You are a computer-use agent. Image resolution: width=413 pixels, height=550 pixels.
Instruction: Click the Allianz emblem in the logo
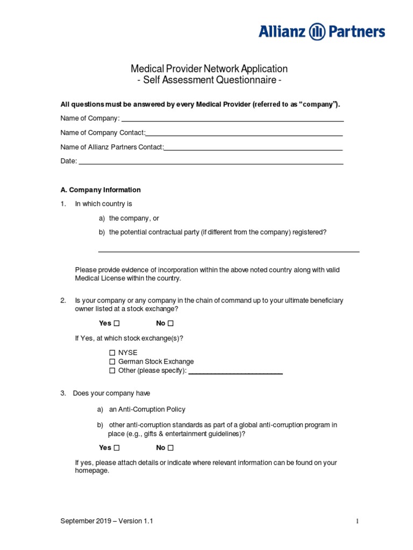pyautogui.click(x=318, y=31)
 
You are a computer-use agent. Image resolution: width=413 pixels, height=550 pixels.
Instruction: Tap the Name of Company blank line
pyautogui.click(x=232, y=121)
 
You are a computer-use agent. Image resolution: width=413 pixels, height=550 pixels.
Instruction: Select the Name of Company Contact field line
pyautogui.click(x=244, y=135)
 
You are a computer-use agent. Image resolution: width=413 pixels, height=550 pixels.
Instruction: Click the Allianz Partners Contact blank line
pyautogui.click(x=253, y=149)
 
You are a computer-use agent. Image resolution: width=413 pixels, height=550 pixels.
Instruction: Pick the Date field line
pyautogui.click(x=211, y=163)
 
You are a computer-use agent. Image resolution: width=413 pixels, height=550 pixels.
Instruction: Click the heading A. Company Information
pyautogui.click(x=101, y=190)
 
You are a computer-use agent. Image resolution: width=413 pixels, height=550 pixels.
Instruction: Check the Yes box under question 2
pyautogui.click(x=117, y=323)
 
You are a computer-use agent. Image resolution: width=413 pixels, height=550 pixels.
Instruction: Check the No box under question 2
pyautogui.click(x=170, y=323)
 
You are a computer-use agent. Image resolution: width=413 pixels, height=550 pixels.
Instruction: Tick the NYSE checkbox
pyautogui.click(x=112, y=353)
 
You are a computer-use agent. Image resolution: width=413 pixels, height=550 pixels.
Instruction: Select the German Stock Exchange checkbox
pyautogui.click(x=112, y=362)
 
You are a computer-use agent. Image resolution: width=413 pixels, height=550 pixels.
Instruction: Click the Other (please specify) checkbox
pyautogui.click(x=112, y=371)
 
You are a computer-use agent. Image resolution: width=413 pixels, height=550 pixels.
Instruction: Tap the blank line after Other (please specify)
pyautogui.click(x=236, y=373)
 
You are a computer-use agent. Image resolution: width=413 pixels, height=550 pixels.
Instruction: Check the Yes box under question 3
pyautogui.click(x=117, y=448)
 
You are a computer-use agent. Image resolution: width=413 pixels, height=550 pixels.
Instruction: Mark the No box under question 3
pyautogui.click(x=170, y=448)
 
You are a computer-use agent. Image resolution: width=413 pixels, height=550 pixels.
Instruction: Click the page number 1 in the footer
pyautogui.click(x=357, y=522)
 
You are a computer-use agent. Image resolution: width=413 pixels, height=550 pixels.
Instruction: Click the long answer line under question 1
pyautogui.click(x=229, y=251)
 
